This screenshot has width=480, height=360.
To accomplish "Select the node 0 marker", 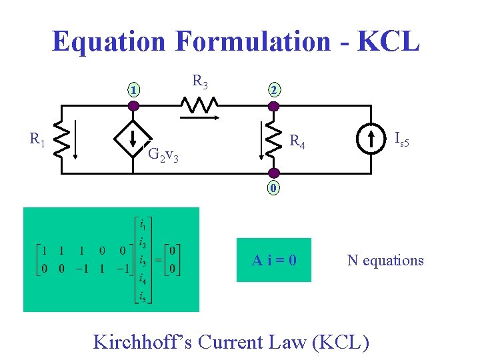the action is pyautogui.click(x=273, y=188).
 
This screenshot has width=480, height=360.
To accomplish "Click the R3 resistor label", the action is pyautogui.click(x=200, y=82).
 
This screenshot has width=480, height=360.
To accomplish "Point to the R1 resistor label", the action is pyautogui.click(x=37, y=139).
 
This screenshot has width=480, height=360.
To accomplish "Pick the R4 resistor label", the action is pyautogui.click(x=297, y=142).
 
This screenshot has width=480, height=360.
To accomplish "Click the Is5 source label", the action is pyautogui.click(x=401, y=139).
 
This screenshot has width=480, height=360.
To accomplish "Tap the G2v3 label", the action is pyautogui.click(x=163, y=155).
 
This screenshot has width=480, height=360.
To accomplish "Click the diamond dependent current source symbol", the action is pyautogui.click(x=133, y=139).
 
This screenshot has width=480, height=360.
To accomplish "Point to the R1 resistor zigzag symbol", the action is pyautogui.click(x=62, y=139).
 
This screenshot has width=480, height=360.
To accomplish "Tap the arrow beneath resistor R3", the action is pyautogui.click(x=200, y=117).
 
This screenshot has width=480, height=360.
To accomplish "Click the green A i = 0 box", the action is pyautogui.click(x=274, y=260).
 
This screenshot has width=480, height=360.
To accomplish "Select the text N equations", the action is pyautogui.click(x=385, y=260).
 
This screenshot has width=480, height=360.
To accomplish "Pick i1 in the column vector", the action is pyautogui.click(x=143, y=223).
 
